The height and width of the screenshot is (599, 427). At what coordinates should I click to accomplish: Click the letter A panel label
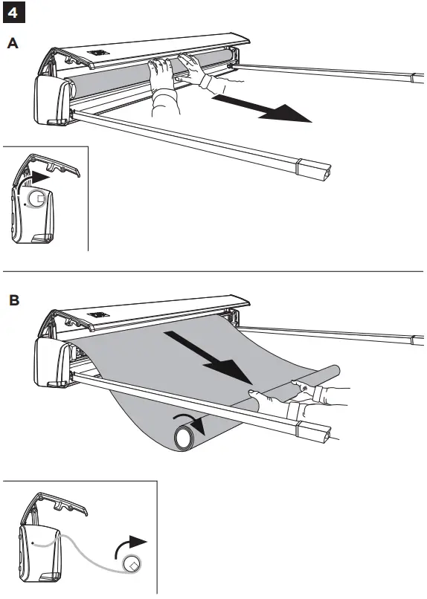coord(13,45)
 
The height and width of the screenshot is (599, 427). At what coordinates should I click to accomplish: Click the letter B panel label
coord(13,301)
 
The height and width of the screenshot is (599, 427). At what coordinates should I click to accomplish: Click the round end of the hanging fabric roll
coord(184,438)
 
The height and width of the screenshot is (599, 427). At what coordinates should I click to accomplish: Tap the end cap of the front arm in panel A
coord(312,169)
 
